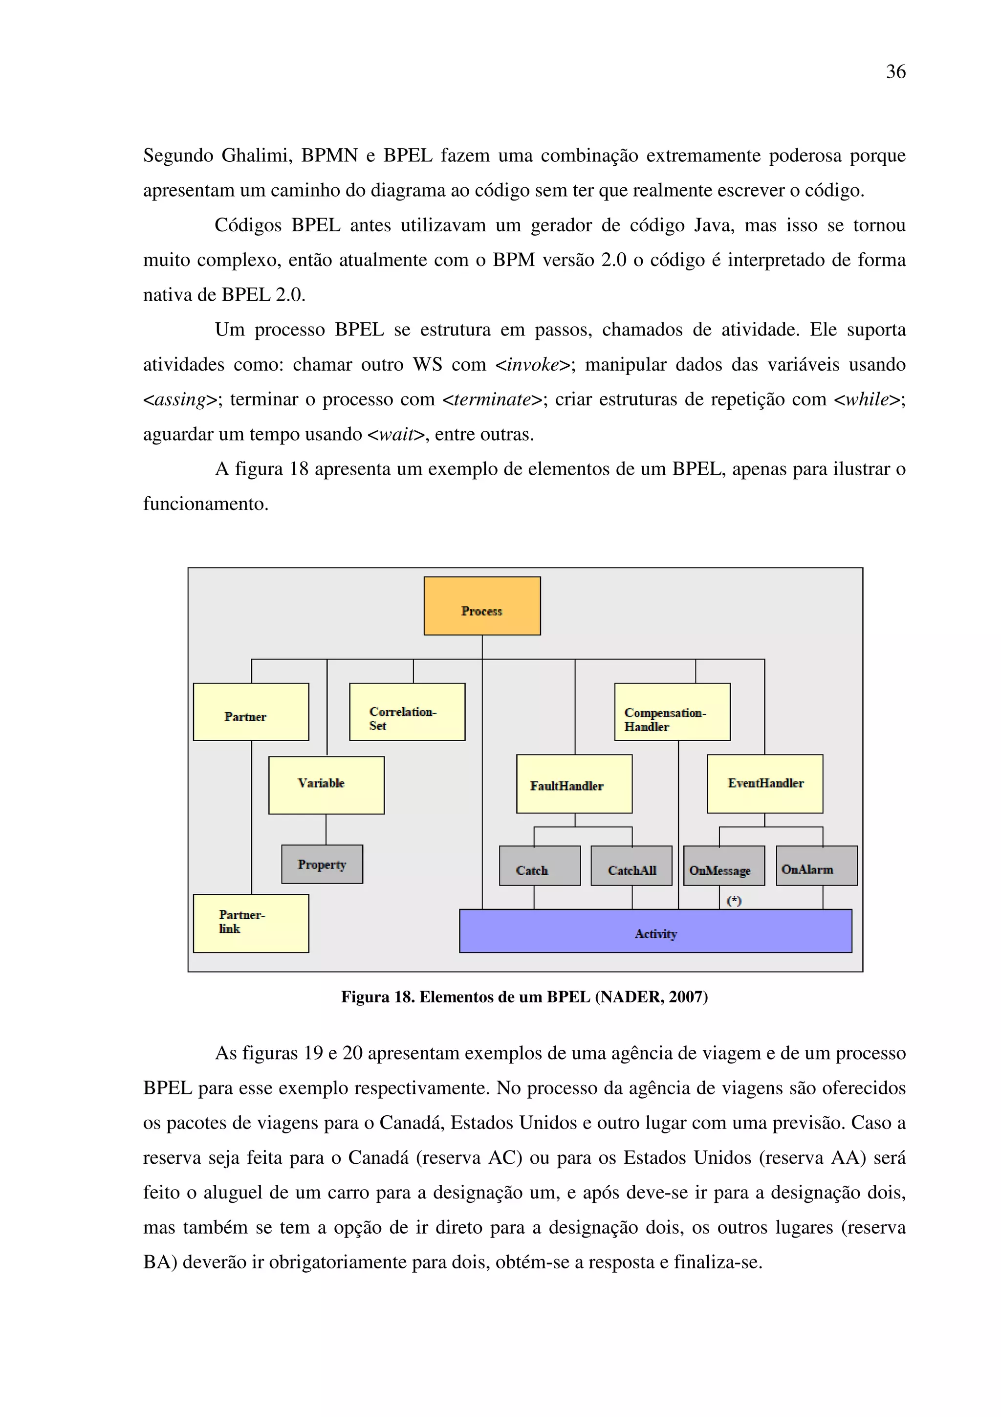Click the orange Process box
point(482,605)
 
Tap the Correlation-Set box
point(407,711)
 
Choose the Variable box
point(326,785)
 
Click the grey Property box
point(322,864)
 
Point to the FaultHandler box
point(574,784)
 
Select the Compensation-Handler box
point(672,711)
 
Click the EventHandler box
point(765,784)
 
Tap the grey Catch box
point(540,866)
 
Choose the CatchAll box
point(631,866)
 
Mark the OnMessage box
point(724,866)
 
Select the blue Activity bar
point(655,930)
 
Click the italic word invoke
point(533,365)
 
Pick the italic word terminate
point(492,399)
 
